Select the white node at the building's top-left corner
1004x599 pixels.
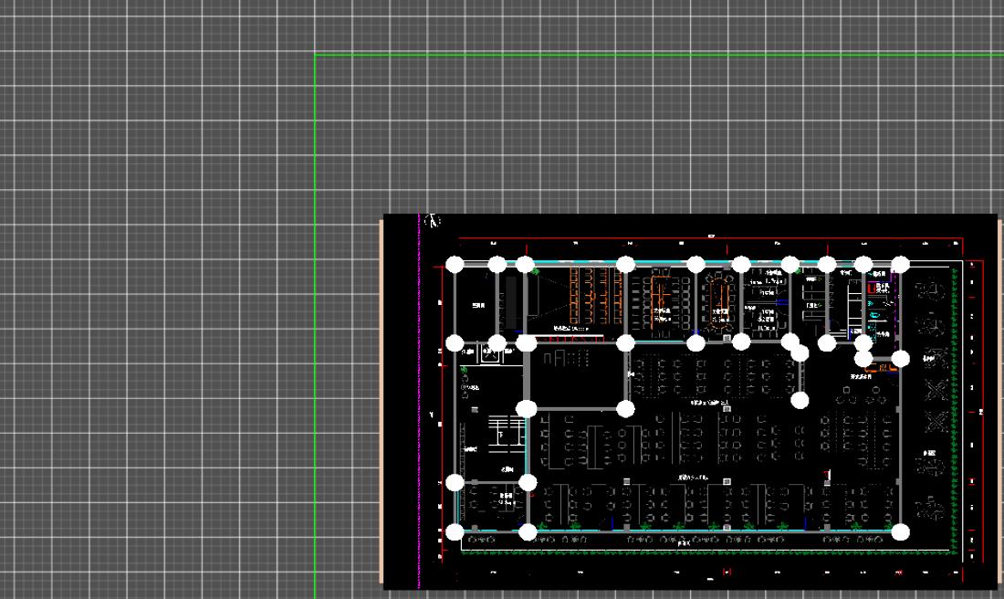pos(455,265)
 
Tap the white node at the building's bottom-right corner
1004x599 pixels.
pos(901,531)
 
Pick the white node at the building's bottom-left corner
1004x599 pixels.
pos(455,531)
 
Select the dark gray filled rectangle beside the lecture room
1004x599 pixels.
pos(511,301)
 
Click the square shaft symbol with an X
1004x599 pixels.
pos(491,356)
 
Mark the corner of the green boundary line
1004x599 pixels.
pos(316,55)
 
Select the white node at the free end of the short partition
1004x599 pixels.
pos(800,400)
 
